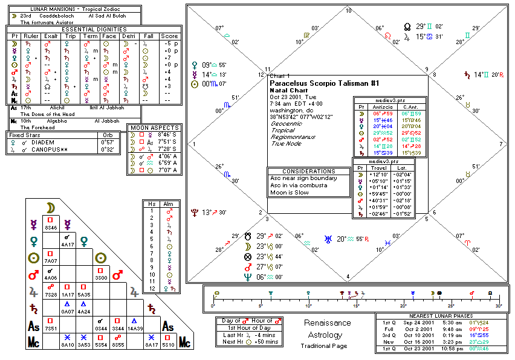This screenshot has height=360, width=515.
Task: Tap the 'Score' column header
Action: point(169,36)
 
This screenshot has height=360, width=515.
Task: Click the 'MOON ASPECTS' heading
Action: point(155,128)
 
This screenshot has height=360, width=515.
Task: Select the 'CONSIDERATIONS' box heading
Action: point(309,171)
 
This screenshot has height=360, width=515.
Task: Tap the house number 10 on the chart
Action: point(348,11)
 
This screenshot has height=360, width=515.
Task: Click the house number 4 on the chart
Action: point(347,277)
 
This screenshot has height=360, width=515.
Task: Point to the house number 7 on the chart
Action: point(500,144)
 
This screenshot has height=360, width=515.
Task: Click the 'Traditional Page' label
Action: point(324,346)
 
